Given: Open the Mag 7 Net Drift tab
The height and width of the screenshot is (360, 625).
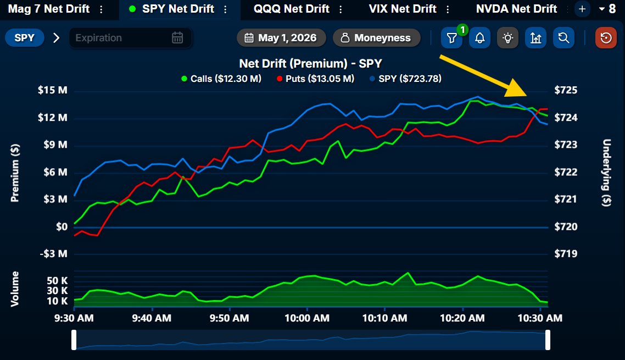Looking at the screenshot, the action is coord(49,9).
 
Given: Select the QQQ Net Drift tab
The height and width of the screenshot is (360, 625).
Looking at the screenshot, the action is coord(292,9).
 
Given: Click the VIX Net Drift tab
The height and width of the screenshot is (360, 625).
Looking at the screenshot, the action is coord(403,9).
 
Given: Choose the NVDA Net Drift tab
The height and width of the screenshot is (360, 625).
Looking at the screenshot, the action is coord(516,9).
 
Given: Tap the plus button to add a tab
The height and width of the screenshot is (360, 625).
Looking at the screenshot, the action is coord(582,9).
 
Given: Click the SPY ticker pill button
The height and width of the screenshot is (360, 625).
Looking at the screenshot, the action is coord(24,38).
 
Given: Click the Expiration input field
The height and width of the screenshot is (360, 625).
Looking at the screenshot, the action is coord(130,38).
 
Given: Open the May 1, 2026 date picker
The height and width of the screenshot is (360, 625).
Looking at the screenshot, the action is coord(281,38).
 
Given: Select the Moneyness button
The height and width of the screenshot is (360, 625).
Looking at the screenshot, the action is coord(377,38).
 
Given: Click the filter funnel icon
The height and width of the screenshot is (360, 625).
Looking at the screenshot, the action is coord(451,38).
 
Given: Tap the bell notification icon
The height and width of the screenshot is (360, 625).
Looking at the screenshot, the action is coord(480,38).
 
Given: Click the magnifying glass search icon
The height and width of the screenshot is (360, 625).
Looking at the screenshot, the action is coord(563,38).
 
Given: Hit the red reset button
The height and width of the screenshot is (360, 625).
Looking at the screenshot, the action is coord(606,38).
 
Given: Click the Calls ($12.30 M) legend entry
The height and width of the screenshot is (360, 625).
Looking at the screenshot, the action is coord(221,79).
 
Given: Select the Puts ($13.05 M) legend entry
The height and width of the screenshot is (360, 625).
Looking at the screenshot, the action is coord(315,79).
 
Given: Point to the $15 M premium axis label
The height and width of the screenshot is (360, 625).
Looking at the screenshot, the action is coord(53,90).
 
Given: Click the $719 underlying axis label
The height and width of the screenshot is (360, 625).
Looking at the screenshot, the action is coord(566,254).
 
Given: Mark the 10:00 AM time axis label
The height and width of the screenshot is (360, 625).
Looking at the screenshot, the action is coord(307,318).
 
